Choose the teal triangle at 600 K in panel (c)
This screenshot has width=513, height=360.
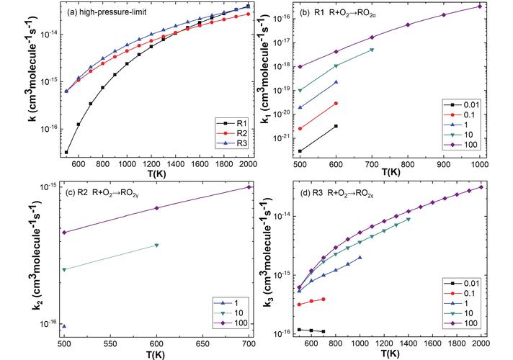pyautogui.click(x=156, y=246)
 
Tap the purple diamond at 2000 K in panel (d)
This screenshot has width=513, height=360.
pyautogui.click(x=481, y=187)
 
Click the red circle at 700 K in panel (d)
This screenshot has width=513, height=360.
pyautogui.click(x=324, y=299)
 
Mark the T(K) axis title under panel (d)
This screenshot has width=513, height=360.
pyautogui.click(x=391, y=354)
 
